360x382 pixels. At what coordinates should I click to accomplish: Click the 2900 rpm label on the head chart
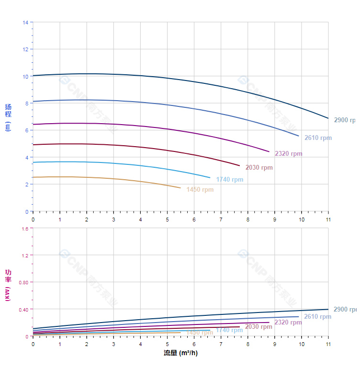pos(345,120)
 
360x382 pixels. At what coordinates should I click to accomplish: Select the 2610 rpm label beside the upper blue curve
pos(318,138)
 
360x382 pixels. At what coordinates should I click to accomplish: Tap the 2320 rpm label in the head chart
pos(288,154)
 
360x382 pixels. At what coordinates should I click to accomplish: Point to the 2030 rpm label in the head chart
pos(259,168)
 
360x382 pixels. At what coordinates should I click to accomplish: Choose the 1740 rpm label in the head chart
pos(229,180)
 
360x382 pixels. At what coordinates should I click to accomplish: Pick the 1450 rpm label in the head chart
pos(200,190)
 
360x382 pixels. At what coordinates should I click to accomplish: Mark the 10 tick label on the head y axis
pos(25,76)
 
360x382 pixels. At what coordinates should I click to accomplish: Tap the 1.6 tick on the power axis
pos(25,228)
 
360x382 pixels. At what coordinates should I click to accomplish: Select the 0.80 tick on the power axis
pos(24,282)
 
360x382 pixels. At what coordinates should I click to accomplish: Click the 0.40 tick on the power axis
pos(24,309)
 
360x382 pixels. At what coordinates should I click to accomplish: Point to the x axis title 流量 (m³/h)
pos(180,353)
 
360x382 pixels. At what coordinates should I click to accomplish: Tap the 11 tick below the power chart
pos(328,344)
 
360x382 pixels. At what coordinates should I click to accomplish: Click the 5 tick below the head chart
pos(167,219)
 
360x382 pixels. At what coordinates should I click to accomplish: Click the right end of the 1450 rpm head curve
pos(180,188)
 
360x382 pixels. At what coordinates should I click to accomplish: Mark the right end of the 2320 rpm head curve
pos(269,151)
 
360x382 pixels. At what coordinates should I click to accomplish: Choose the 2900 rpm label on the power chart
pos(345,310)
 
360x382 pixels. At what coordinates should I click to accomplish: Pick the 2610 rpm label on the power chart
pos(317,317)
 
